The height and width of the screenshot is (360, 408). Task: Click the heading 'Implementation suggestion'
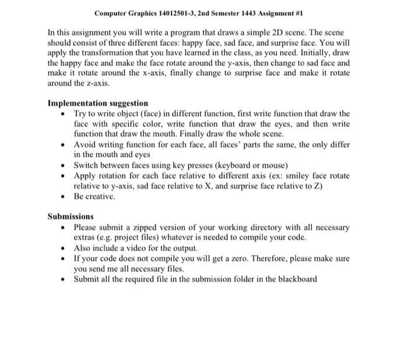click(x=97, y=103)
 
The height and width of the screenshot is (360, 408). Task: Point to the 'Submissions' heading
click(x=70, y=217)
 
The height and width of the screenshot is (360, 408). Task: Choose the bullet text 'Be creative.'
click(x=94, y=196)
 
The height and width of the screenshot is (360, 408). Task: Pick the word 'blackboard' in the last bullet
click(x=297, y=279)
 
